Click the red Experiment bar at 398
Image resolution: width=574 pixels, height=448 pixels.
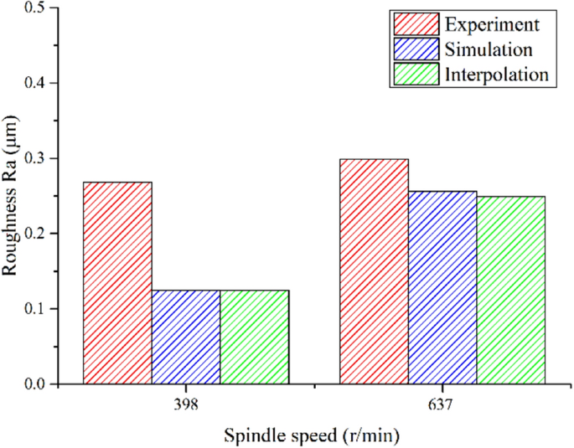pos(117,283)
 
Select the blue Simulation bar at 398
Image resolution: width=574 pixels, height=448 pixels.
pos(185,337)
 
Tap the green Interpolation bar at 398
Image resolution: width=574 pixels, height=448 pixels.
pos(254,337)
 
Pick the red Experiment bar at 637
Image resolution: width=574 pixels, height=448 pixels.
pos(374,271)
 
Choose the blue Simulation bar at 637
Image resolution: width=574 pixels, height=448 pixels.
pos(442,287)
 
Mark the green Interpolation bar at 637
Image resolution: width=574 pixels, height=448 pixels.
pos(511,290)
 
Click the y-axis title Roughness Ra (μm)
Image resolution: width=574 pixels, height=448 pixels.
pos(12,195)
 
